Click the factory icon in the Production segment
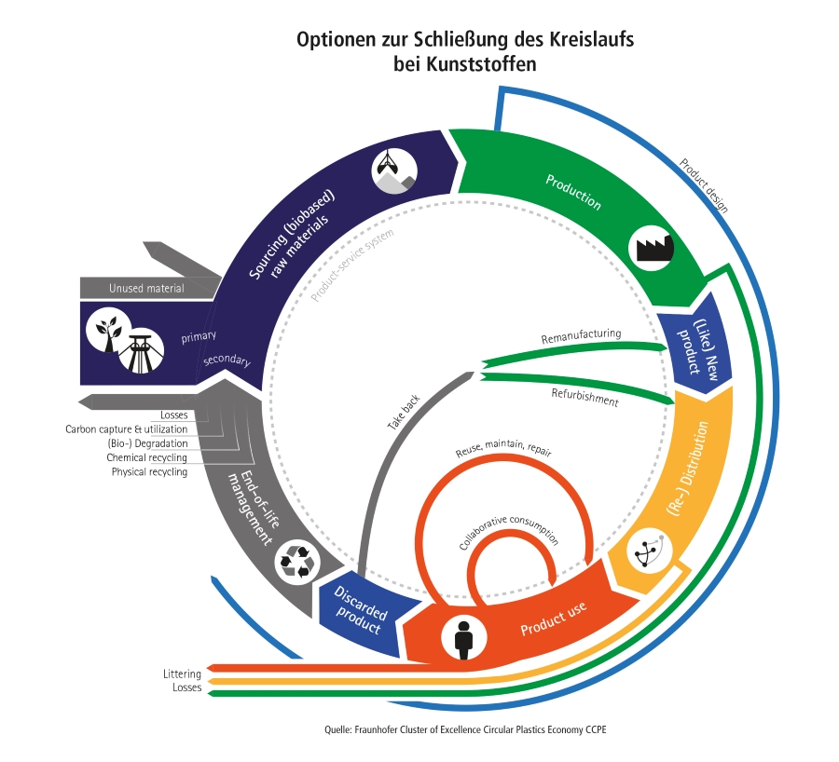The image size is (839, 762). point(653,246)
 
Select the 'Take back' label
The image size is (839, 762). point(404,412)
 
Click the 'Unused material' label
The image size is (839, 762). point(146,289)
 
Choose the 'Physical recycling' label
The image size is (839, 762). point(149,472)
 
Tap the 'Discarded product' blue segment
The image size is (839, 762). point(359,613)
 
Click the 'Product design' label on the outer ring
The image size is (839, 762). point(704,184)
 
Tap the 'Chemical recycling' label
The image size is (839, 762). point(146,457)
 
